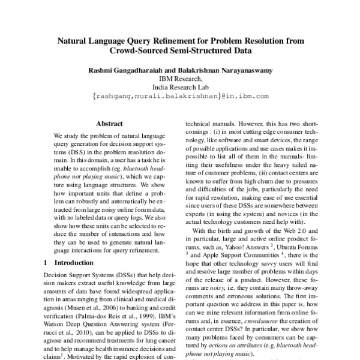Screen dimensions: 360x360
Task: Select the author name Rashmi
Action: click(x=102, y=70)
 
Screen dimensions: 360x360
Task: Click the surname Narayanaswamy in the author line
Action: click(x=240, y=70)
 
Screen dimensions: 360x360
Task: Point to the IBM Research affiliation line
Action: click(x=180, y=78)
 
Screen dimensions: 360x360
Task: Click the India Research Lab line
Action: click(x=180, y=86)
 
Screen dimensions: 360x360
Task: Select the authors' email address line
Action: click(x=180, y=95)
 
